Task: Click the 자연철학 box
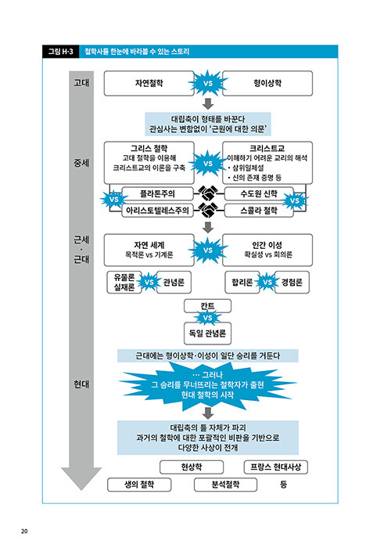tap(149, 83)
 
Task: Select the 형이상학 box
tap(267, 83)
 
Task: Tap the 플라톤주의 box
tap(157, 193)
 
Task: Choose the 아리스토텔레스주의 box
tap(157, 211)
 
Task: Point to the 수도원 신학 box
tap(259, 193)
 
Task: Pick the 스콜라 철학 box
tap(259, 211)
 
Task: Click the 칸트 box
tap(207, 306)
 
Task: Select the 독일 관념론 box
tap(207, 333)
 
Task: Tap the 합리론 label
tap(242, 282)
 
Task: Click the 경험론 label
tap(292, 282)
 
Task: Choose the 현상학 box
tap(192, 467)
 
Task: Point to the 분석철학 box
tap(225, 485)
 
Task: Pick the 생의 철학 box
tap(139, 485)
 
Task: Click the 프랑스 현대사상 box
tap(276, 467)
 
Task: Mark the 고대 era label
tap(81, 83)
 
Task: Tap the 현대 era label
tap(81, 384)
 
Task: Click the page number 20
tap(24, 531)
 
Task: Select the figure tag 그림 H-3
tap(61, 52)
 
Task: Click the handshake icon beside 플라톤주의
tap(208, 193)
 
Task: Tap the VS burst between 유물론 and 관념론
tap(149, 282)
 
